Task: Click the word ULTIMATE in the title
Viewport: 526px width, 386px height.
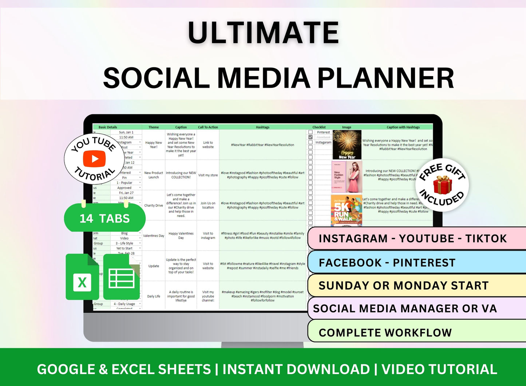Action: (x=263, y=33)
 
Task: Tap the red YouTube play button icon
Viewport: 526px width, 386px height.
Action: (x=94, y=159)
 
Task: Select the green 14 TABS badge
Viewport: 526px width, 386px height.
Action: (x=105, y=218)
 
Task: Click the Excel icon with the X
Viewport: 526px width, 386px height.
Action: (x=82, y=278)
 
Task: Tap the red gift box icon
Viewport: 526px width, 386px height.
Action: (x=442, y=185)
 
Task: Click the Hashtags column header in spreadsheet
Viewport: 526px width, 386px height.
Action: (x=262, y=127)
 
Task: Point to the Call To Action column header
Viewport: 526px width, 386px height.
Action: (x=208, y=127)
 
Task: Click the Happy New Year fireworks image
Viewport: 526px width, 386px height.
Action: (x=347, y=145)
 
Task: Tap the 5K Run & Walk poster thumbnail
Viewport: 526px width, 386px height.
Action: (x=347, y=210)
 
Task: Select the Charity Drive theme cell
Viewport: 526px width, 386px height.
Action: (x=154, y=205)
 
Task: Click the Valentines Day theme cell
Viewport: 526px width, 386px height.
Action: (x=154, y=236)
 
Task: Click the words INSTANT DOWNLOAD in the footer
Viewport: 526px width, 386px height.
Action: (x=296, y=369)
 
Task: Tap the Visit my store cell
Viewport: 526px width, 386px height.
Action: (x=208, y=175)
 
